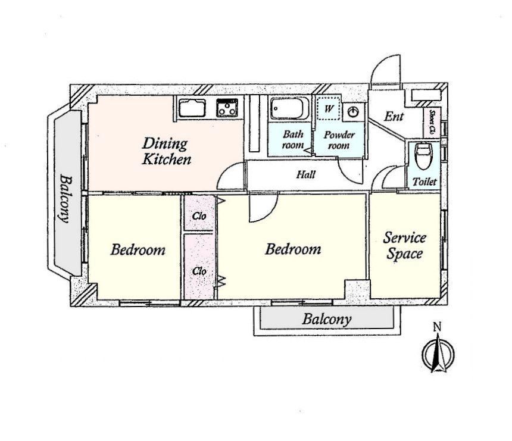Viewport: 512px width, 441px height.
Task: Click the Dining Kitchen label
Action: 167,151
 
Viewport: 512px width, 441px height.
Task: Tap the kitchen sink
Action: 192,108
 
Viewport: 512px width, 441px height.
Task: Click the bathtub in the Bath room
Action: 290,108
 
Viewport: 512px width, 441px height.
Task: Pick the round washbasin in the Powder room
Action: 353,112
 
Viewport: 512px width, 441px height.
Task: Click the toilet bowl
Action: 424,157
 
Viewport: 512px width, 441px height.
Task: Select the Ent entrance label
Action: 394,116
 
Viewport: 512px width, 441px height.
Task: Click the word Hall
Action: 306,174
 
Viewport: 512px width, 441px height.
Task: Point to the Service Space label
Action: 405,246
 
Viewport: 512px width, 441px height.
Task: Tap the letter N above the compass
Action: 437,327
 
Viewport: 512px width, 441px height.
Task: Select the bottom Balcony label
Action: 326,319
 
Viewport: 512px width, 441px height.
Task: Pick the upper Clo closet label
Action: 199,216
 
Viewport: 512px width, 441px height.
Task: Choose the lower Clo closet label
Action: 199,271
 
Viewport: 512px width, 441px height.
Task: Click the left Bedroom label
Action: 138,250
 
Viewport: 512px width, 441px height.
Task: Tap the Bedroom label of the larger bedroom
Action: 293,249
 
